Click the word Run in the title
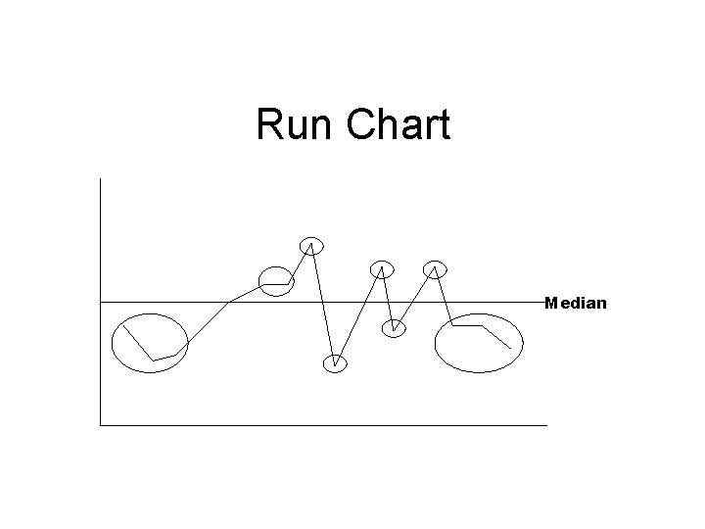click(x=293, y=125)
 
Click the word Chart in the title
click(x=399, y=125)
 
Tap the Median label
click(x=576, y=303)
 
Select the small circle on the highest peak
click(x=311, y=245)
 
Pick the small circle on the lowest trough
click(x=335, y=362)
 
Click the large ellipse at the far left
click(x=149, y=343)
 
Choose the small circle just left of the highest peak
click(x=276, y=280)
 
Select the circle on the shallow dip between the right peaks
click(x=393, y=327)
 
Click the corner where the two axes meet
click(x=101, y=425)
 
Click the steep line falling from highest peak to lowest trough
click(x=323, y=304)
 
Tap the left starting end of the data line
click(x=124, y=324)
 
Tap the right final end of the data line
click(x=510, y=349)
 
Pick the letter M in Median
click(x=551, y=303)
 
